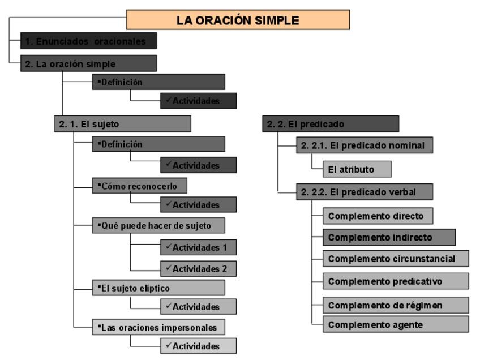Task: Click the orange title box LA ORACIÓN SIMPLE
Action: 238,20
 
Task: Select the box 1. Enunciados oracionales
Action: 88,41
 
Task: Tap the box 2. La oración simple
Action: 88,63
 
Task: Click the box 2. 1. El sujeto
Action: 122,123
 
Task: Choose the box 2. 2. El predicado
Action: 331,123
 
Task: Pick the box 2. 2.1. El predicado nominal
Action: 364,145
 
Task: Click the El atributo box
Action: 351,168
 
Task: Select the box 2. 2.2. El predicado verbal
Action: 364,192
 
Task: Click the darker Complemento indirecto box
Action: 389,237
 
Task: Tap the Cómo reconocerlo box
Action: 140,186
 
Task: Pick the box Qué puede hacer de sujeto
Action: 158,226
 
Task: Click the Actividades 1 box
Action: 198,247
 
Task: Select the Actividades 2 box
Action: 198,268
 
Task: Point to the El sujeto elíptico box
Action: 158,288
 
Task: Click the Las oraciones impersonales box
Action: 158,327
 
